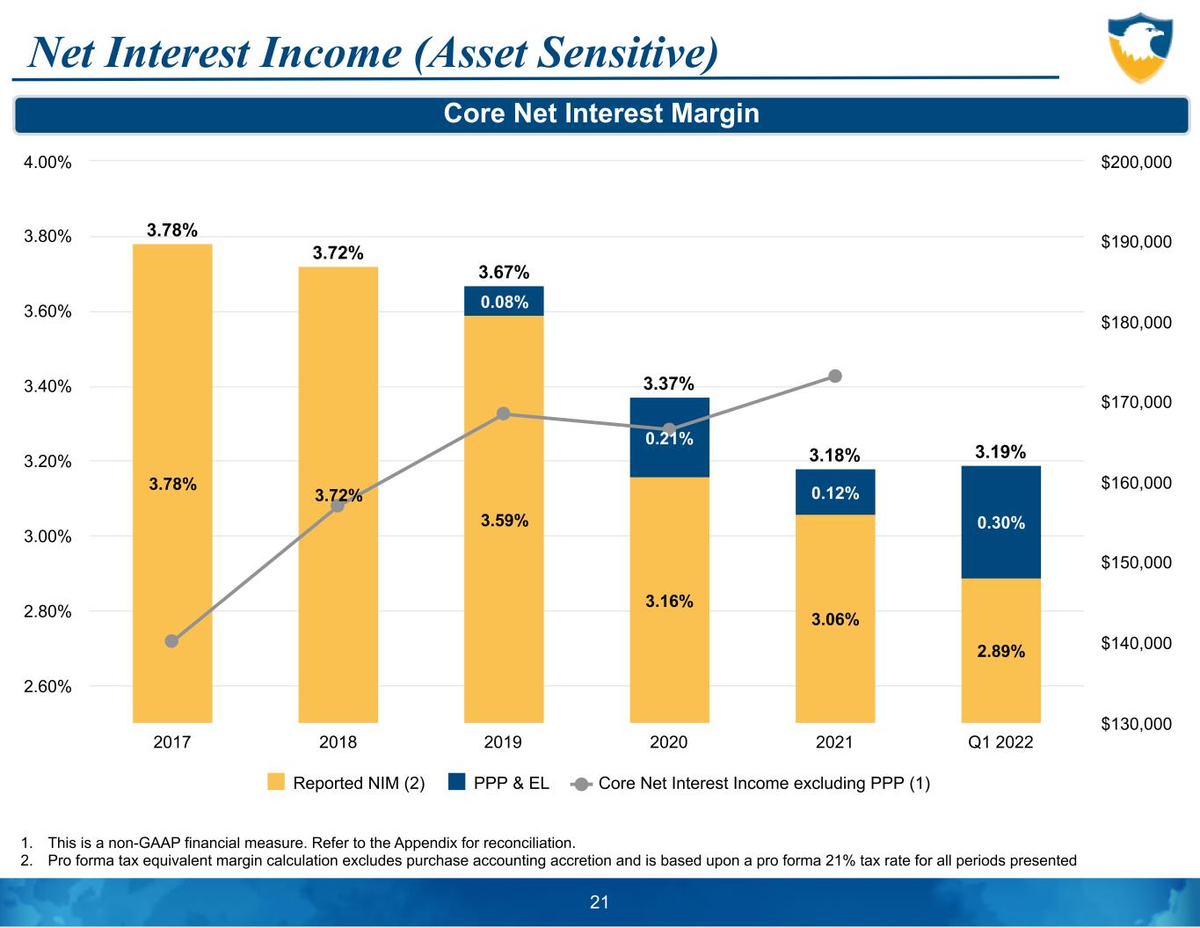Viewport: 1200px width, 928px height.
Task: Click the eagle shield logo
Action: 1139,47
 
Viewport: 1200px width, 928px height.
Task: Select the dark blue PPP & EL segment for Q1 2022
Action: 1000,522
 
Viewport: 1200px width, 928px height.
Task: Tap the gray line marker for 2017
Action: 172,640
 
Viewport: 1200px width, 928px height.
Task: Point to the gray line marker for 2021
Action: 835,376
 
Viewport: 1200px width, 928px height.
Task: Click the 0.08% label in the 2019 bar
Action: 504,302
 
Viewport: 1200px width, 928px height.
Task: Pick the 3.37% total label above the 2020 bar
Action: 669,384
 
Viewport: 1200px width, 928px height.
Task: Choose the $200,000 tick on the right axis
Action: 1136,162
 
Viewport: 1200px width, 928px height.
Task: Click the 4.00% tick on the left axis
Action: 48,162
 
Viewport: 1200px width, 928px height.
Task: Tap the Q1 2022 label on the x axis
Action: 1000,742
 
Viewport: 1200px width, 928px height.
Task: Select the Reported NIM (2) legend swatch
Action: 276,782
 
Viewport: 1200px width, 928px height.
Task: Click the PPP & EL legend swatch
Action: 456,782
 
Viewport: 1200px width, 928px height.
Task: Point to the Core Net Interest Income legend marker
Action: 580,783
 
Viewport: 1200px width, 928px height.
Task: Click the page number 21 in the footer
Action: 600,902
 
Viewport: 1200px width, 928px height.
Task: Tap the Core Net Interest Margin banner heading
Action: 601,113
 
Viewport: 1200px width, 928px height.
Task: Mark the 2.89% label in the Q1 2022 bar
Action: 1000,651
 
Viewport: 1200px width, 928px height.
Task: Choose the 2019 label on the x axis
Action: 504,742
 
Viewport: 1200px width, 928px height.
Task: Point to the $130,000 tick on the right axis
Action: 1136,724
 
